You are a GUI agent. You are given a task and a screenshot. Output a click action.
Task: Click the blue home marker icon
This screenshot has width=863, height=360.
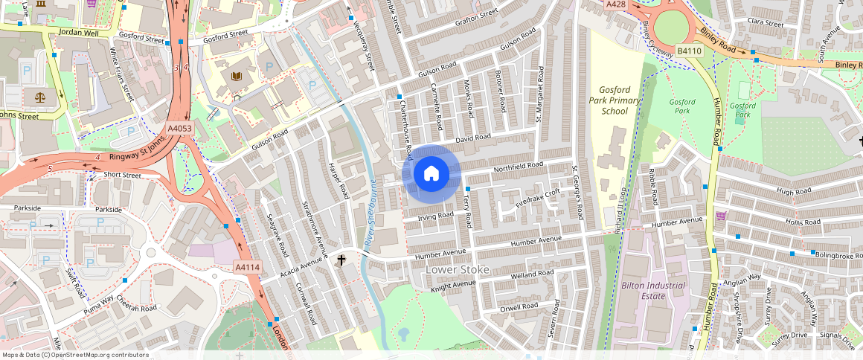[x=431, y=174]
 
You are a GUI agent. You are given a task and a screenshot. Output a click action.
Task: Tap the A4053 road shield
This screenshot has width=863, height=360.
[x=179, y=129]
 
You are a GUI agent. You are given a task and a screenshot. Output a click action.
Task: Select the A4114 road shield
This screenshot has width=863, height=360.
[x=247, y=267]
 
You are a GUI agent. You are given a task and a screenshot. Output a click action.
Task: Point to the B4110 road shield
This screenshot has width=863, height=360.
[x=689, y=51]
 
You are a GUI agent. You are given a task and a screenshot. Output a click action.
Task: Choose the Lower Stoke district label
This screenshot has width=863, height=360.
[x=457, y=269]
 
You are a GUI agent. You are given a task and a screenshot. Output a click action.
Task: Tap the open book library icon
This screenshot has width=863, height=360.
[x=237, y=77]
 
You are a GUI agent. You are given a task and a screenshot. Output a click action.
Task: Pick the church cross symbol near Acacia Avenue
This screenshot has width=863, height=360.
[x=341, y=260]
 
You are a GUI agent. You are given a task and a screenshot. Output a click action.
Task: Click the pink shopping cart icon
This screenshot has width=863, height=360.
[x=720, y=216]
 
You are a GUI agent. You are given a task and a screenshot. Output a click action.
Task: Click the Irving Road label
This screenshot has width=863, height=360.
[x=435, y=216]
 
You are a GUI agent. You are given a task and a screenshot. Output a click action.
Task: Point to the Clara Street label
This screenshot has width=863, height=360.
[x=765, y=23]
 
